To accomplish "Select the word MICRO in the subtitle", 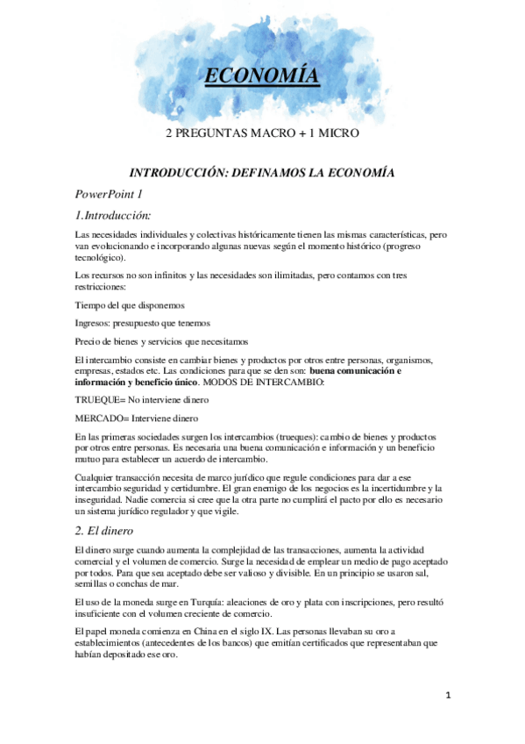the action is click(x=337, y=133).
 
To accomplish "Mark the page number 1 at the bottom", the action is click(x=447, y=696).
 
